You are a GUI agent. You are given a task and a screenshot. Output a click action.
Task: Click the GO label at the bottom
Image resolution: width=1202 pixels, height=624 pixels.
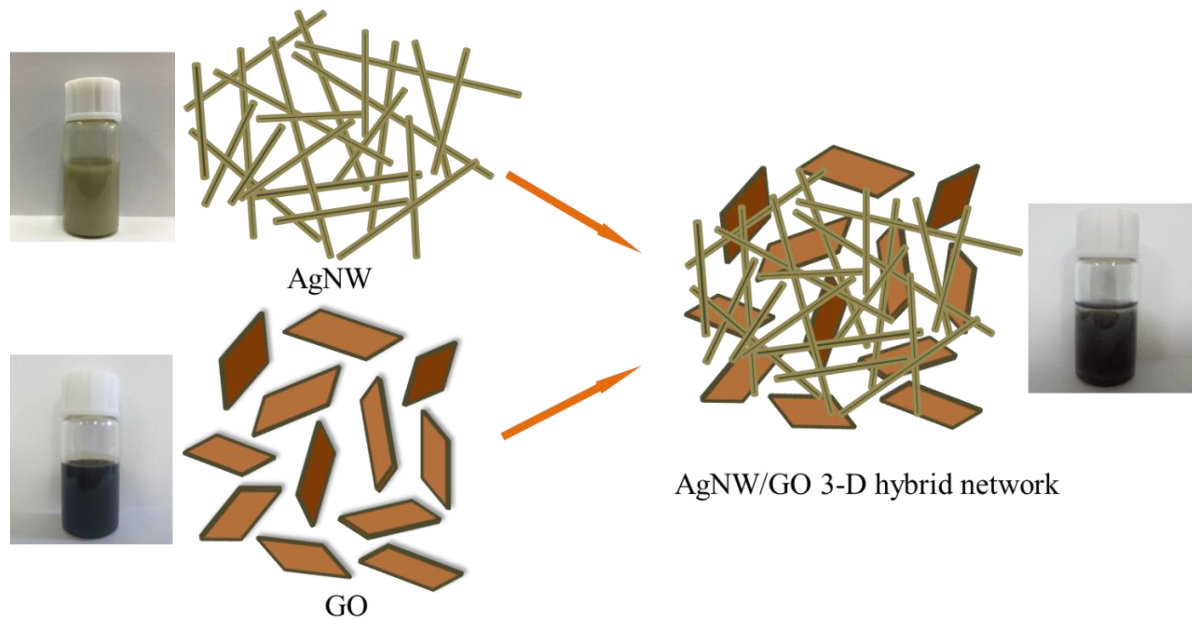(346, 607)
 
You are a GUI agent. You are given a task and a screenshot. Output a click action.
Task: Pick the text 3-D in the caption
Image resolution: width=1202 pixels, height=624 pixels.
(831, 485)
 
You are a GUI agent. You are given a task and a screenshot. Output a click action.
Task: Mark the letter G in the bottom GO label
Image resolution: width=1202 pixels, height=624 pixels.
(335, 607)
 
